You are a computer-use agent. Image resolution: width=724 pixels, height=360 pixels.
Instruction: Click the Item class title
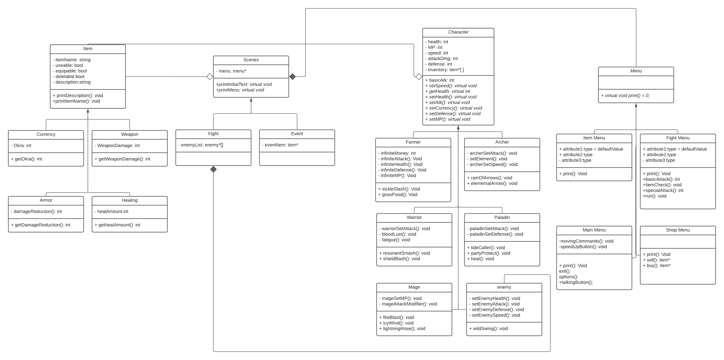click(88, 49)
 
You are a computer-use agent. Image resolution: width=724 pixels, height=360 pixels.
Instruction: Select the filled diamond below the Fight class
click(213, 169)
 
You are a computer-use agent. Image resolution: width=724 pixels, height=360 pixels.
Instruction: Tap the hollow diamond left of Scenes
click(210, 76)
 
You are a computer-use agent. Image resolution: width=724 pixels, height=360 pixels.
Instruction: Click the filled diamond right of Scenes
click(293, 76)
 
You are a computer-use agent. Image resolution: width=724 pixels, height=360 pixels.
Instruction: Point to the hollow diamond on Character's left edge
click(419, 76)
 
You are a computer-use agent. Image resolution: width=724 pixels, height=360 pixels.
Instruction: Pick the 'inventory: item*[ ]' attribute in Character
click(444, 70)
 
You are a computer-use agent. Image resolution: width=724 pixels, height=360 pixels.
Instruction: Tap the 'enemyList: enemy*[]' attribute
click(201, 145)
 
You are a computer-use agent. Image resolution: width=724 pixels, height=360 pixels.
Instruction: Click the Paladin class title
click(502, 217)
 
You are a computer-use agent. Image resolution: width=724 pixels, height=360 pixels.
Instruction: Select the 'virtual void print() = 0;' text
click(625, 96)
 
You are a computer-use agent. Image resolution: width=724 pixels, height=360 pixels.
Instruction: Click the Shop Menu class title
click(678, 230)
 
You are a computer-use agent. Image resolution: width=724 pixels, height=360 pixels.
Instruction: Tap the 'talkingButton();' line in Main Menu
click(576, 282)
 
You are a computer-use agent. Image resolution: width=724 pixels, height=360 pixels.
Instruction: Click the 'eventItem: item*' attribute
click(280, 145)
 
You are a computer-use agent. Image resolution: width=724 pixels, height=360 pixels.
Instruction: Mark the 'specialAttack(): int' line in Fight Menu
click(663, 190)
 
